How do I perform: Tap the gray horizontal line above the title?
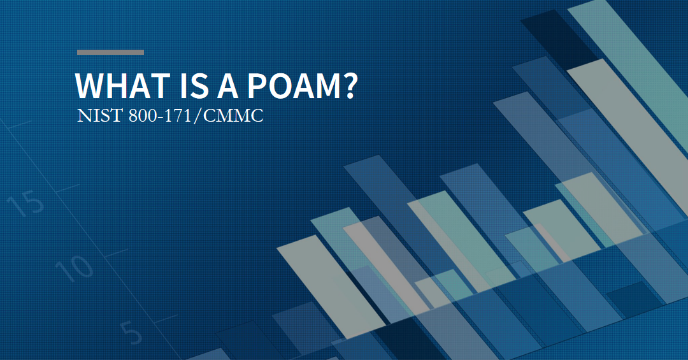coord(110,52)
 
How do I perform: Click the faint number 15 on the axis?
coord(26,204)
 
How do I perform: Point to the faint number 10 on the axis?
coord(74,267)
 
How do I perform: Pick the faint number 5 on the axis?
coord(131,333)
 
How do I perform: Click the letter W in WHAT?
coord(89,85)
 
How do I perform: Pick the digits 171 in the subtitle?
coord(181,117)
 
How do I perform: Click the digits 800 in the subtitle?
coord(132,117)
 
